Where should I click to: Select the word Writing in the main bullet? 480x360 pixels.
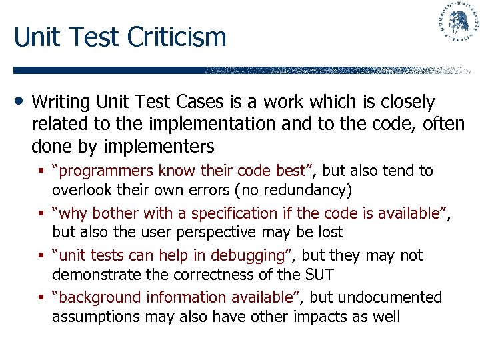(61, 102)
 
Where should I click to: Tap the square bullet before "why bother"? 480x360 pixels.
(43, 213)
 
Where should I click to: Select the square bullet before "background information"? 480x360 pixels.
(43, 297)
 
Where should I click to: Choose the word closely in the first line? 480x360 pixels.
(407, 102)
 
